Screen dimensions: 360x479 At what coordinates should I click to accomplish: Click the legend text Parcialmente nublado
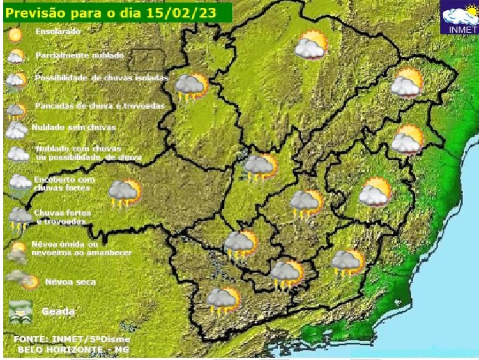(79, 56)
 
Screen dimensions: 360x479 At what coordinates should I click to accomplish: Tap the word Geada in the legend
(58, 312)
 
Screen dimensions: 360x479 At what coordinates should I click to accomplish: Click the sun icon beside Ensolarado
(15, 33)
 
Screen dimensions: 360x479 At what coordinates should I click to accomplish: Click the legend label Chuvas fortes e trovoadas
(63, 217)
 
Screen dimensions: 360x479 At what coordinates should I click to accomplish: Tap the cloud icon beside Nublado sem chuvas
(17, 130)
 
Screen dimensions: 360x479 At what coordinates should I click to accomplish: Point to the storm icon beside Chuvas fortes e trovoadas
(19, 218)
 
